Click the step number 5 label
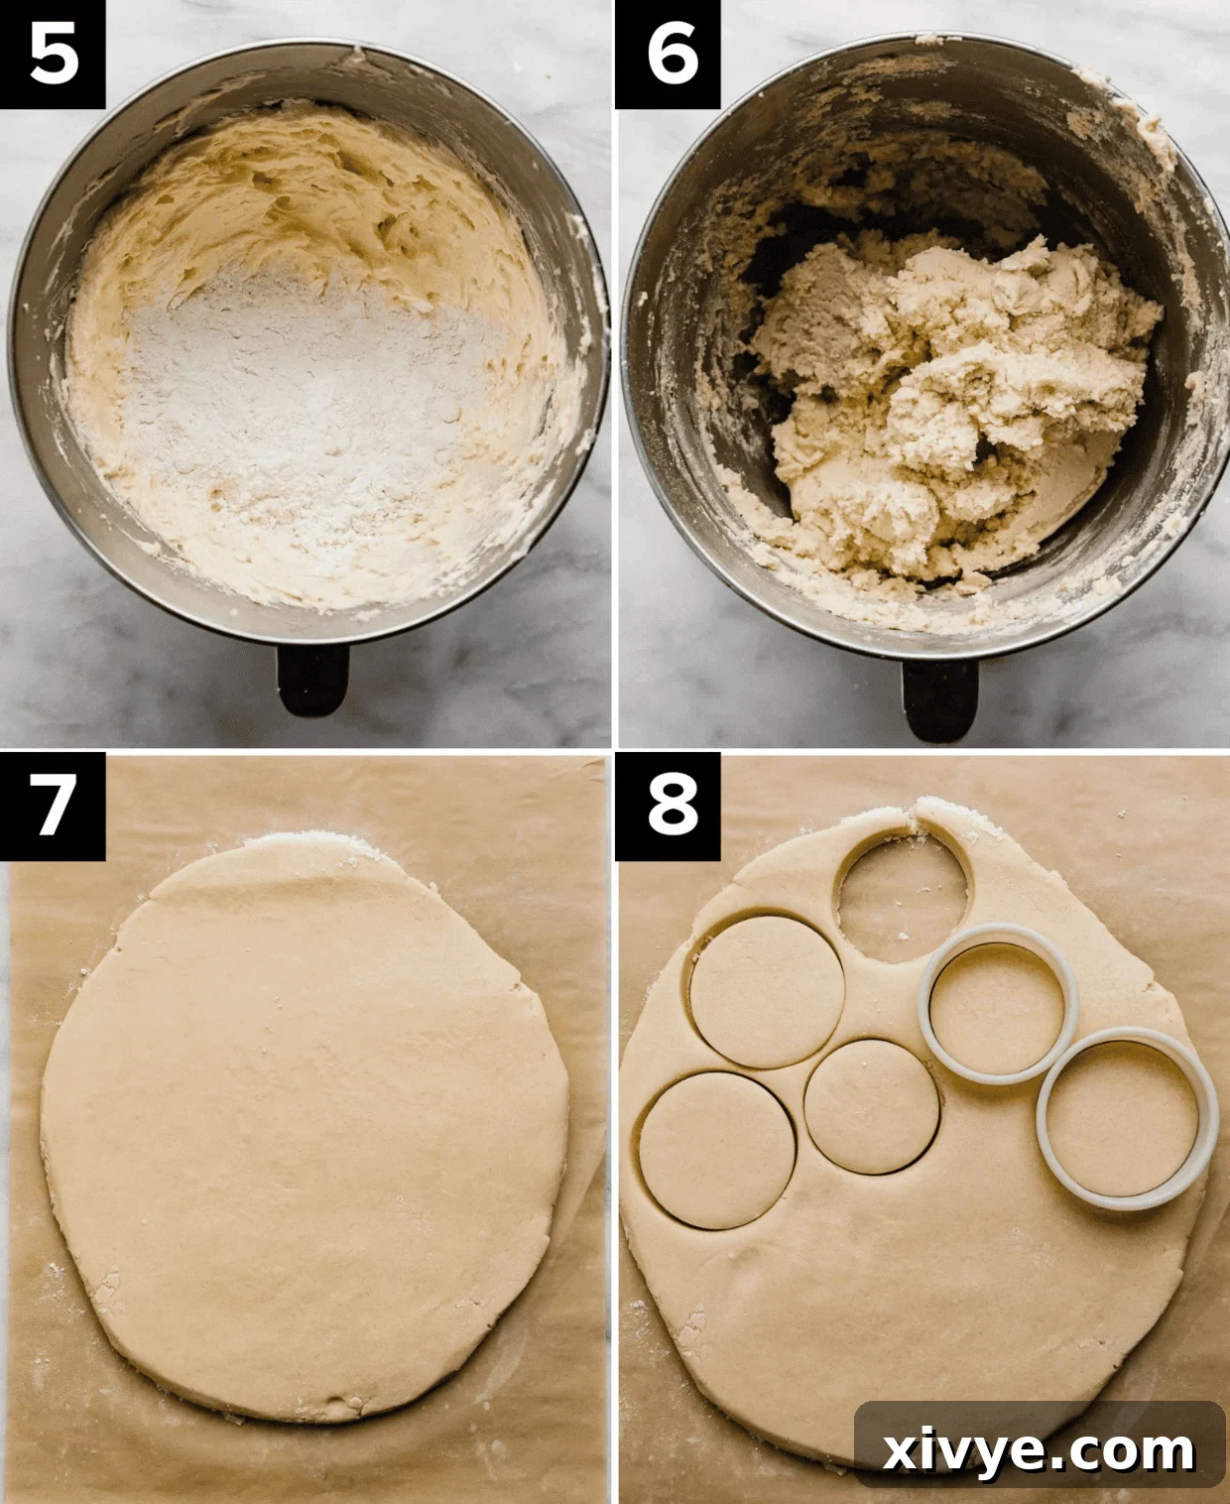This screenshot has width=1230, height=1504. [54, 54]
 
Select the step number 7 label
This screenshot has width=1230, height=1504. [54, 805]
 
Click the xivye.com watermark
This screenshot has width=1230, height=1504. [1039, 1450]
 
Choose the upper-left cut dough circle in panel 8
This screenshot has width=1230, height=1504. [767, 992]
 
